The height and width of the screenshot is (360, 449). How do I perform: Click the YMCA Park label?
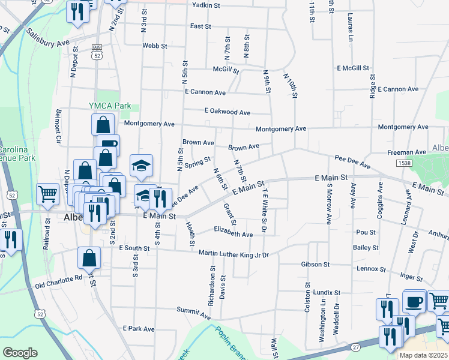(x=110, y=106)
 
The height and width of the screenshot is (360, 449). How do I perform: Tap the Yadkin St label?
(x=207, y=5)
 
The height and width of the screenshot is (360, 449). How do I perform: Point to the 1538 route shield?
(x=403, y=163)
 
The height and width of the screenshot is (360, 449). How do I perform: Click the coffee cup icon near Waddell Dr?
(x=414, y=301)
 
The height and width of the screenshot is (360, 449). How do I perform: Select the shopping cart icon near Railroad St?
(x=47, y=194)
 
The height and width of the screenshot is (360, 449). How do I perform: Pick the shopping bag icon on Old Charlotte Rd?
(x=89, y=258)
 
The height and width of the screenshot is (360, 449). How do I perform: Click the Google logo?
(x=20, y=353)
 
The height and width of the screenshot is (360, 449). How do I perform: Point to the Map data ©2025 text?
(x=423, y=355)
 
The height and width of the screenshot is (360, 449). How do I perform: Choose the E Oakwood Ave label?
(x=227, y=112)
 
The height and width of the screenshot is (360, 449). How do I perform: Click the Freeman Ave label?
(x=406, y=152)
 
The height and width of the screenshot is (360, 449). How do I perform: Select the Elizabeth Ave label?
(x=233, y=234)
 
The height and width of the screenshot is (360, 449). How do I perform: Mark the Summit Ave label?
(x=191, y=310)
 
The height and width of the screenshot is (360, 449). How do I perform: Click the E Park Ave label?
(x=139, y=329)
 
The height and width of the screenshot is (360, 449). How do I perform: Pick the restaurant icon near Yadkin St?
(x=77, y=11)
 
